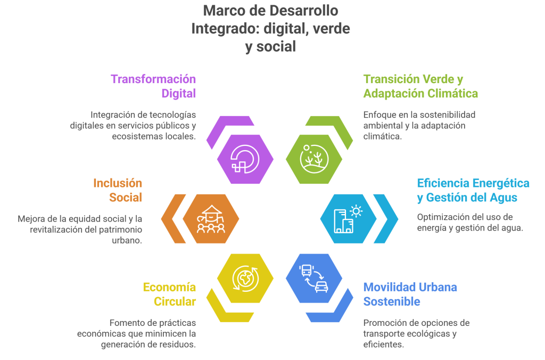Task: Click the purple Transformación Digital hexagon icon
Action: (245, 158)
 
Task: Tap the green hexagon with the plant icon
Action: (314, 158)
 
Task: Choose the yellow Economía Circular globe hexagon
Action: (245, 278)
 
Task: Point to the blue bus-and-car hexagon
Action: (314, 278)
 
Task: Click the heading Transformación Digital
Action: (153, 86)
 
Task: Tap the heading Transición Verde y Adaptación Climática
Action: (420, 86)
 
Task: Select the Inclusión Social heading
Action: (118, 190)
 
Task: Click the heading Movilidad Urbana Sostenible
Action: (410, 294)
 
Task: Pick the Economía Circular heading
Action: (169, 294)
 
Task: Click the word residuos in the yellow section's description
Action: (178, 345)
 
